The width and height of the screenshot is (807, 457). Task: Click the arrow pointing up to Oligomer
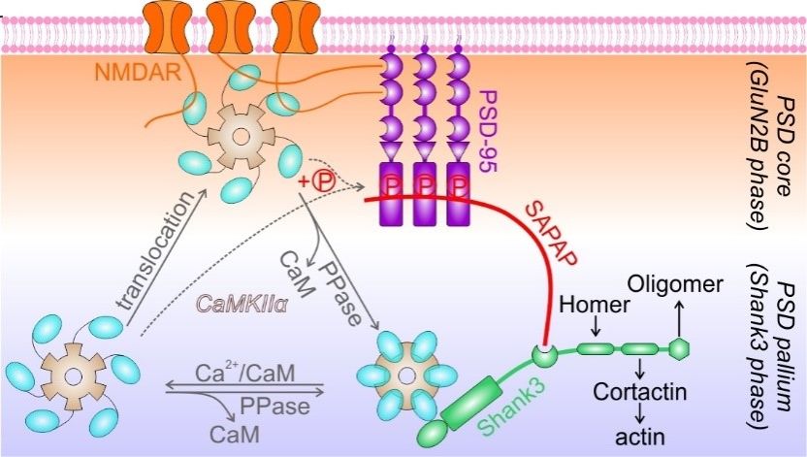(x=680, y=316)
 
